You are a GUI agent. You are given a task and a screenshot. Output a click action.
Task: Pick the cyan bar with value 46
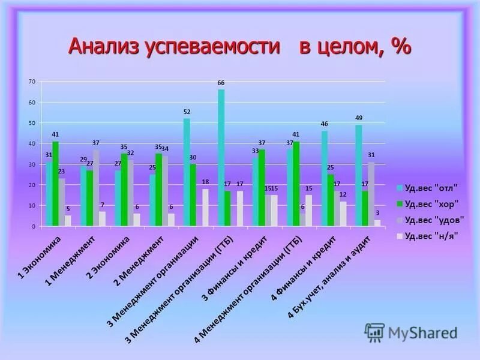325,178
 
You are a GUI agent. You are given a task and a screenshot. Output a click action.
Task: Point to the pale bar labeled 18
205,208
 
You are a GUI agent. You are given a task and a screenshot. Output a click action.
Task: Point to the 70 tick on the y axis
32,81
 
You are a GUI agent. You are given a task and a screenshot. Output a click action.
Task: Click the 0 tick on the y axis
34,226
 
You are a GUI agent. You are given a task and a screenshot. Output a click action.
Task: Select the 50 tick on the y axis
32,122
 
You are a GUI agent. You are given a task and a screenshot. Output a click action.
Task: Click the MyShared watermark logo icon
375,332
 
